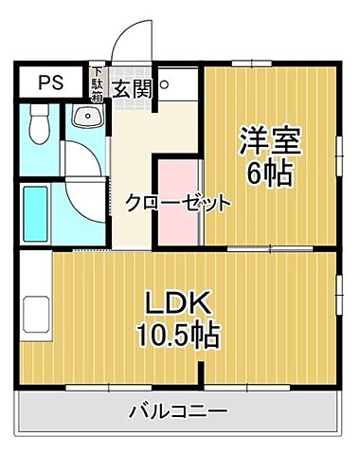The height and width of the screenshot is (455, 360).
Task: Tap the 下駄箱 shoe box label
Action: (96, 82)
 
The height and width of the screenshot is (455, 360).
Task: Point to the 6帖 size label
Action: (270, 173)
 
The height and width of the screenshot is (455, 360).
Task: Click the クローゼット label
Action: (178, 201)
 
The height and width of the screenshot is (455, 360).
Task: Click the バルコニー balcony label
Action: (177, 412)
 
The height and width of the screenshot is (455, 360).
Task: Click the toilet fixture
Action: (39, 125)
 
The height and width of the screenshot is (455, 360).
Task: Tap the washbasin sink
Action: (87, 118)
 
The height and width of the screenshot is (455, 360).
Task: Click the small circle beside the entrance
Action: (164, 83)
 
